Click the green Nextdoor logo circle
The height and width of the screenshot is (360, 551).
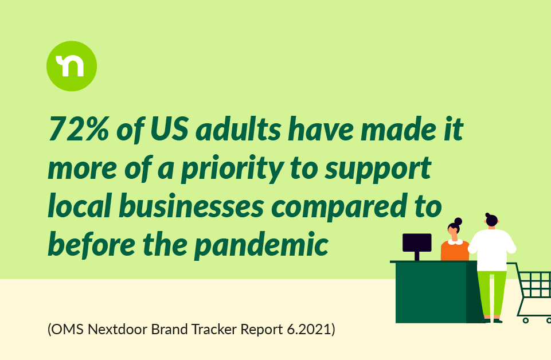(x=72, y=66)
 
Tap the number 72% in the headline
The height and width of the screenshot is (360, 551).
(x=79, y=129)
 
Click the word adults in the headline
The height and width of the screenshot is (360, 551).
(x=239, y=129)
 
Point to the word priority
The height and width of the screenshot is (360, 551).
(x=232, y=169)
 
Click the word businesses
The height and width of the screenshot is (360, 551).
(x=191, y=205)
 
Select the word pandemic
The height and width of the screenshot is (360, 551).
(x=261, y=245)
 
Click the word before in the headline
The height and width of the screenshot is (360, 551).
(x=92, y=244)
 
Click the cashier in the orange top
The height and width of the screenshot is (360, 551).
(x=455, y=241)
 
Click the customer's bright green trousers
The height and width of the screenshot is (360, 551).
(x=492, y=294)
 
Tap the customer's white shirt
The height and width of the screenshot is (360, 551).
(x=492, y=250)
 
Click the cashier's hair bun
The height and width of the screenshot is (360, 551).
(x=458, y=221)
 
